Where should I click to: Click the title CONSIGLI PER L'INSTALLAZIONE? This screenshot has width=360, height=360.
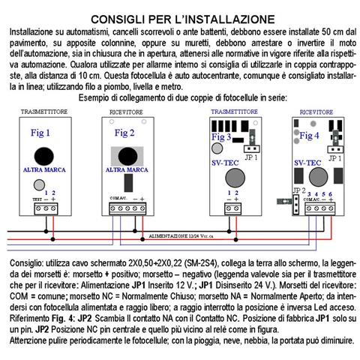click(x=180, y=17)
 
